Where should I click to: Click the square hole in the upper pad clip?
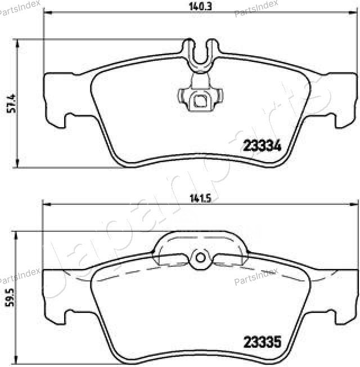click(x=199, y=101)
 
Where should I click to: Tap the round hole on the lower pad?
click(x=199, y=258)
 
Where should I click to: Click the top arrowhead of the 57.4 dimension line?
click(x=19, y=42)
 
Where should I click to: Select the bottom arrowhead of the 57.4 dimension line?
click(x=19, y=164)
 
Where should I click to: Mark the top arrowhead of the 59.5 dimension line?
click(x=19, y=234)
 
